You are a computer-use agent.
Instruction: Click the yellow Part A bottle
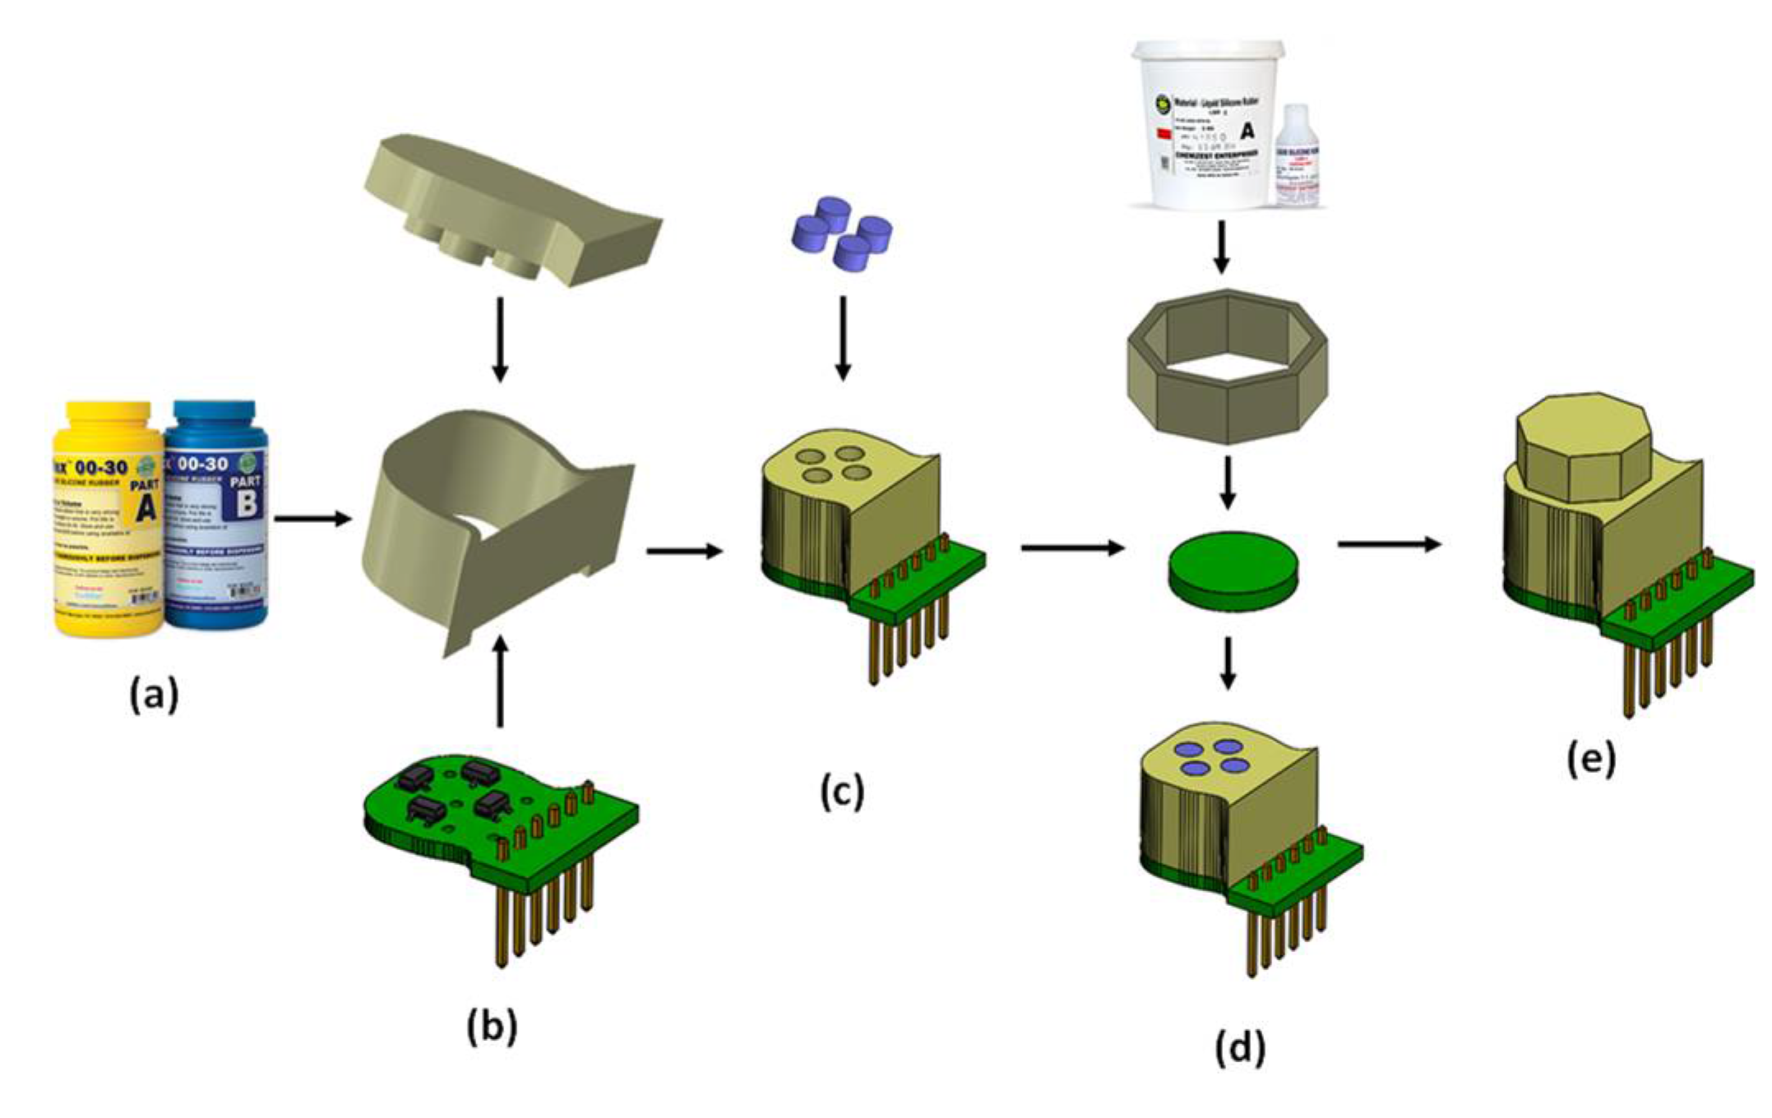coord(107,518)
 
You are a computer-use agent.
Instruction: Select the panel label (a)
coord(154,695)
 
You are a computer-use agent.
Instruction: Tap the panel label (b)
coord(492,1027)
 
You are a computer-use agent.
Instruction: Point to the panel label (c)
coord(842,792)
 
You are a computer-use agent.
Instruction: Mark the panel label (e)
coord(1591,759)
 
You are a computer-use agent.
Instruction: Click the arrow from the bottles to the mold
coord(312,519)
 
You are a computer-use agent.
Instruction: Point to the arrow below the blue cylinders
coord(842,337)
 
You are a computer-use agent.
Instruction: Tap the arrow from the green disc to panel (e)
coord(1390,544)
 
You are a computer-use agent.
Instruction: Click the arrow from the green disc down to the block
coord(1228,662)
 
